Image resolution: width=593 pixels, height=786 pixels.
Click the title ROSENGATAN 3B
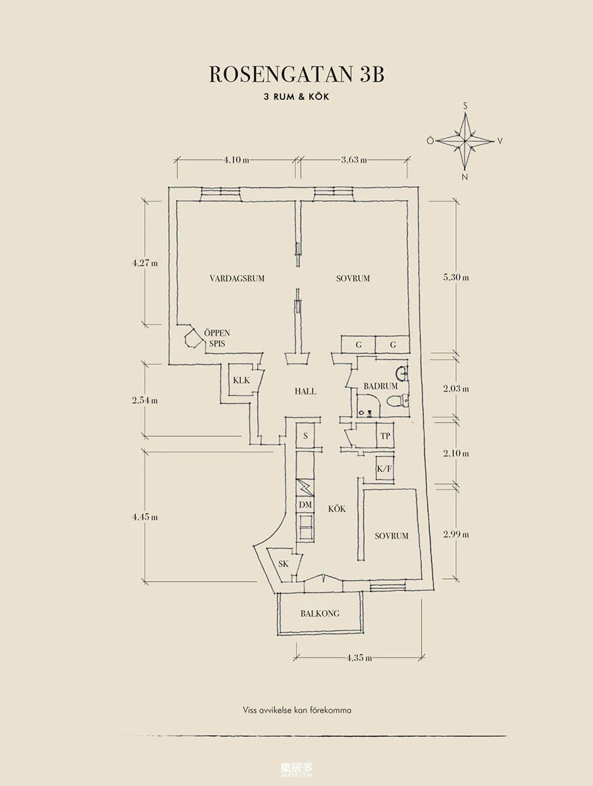pyautogui.click(x=296, y=75)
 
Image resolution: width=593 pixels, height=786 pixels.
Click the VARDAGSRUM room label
pyautogui.click(x=237, y=278)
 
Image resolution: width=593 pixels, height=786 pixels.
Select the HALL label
pyautogui.click(x=305, y=391)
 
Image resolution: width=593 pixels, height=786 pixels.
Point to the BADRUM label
pyautogui.click(x=380, y=386)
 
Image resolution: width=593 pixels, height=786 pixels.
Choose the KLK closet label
pyautogui.click(x=241, y=380)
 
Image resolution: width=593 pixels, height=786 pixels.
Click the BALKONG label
pyautogui.click(x=320, y=614)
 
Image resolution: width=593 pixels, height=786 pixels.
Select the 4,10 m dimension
pyautogui.click(x=236, y=160)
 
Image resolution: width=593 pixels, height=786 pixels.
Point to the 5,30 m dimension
pyautogui.click(x=456, y=277)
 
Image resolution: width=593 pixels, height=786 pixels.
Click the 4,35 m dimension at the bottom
pyautogui.click(x=359, y=658)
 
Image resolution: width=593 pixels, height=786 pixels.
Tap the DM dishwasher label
pyautogui.click(x=305, y=505)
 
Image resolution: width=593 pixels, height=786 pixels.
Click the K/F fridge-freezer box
pyautogui.click(x=385, y=469)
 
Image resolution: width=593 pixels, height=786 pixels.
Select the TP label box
pyautogui.click(x=385, y=436)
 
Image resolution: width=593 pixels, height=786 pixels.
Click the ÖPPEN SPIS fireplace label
pyautogui.click(x=217, y=338)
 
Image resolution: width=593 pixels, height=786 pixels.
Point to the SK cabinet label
pyautogui.click(x=283, y=564)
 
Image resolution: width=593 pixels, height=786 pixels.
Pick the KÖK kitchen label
pyautogui.click(x=336, y=509)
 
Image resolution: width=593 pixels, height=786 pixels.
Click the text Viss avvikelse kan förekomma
pyautogui.click(x=297, y=710)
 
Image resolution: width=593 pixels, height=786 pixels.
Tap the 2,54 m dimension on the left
pyautogui.click(x=145, y=400)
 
